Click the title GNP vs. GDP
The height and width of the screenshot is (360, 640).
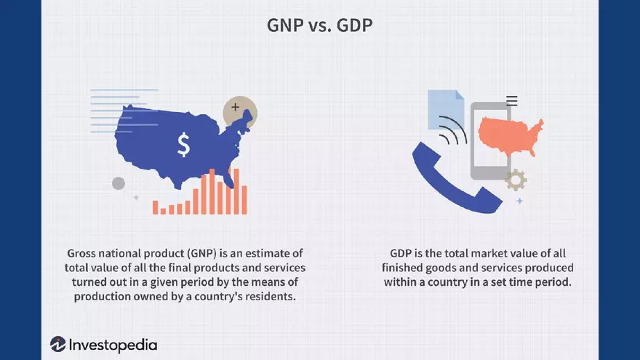pyautogui.click(x=319, y=25)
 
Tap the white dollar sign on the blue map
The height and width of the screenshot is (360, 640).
pyautogui.click(x=184, y=145)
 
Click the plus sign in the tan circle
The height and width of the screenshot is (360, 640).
pyautogui.click(x=235, y=107)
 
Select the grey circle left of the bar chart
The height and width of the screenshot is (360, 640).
pyautogui.click(x=119, y=183)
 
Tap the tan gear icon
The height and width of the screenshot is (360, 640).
pyautogui.click(x=516, y=180)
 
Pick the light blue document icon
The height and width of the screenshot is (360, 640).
pyautogui.click(x=446, y=109)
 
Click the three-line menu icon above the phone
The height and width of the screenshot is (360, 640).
pyautogui.click(x=512, y=100)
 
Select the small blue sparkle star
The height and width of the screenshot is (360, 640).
pyautogui.click(x=519, y=201)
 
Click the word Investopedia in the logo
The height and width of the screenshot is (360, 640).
pyautogui.click(x=113, y=345)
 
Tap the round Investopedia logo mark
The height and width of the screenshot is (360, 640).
pyautogui.click(x=58, y=344)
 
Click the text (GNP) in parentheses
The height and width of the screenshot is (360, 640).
pyautogui.click(x=201, y=254)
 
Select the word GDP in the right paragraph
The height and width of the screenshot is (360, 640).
pyautogui.click(x=401, y=254)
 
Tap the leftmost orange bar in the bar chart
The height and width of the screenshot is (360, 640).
pyautogui.click(x=155, y=207)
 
